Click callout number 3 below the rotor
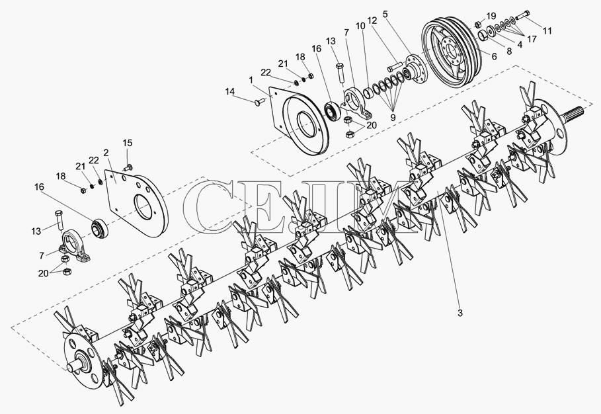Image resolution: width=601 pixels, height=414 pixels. point(460,313)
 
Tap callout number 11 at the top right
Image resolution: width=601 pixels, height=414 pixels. point(547,30)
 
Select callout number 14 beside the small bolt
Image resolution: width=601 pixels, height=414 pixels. point(229,91)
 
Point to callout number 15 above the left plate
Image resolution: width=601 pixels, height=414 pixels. point(128,143)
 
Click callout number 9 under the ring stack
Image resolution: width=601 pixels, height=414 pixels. point(393,117)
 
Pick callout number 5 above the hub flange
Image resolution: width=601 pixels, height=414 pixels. point(385,15)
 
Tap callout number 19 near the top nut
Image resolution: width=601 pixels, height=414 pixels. point(491,16)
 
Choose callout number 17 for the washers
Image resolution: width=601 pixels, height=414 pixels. point(532,39)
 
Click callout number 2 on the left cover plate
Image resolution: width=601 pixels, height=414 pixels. point(106,153)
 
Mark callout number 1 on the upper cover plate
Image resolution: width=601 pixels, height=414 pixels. point(251,80)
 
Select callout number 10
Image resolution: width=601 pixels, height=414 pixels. point(360,26)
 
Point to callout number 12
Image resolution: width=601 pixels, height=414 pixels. point(372,20)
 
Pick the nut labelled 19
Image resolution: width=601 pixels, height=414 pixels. point(478,24)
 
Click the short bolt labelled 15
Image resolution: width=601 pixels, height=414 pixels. point(127,167)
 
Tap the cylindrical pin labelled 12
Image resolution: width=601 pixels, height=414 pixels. point(394,66)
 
